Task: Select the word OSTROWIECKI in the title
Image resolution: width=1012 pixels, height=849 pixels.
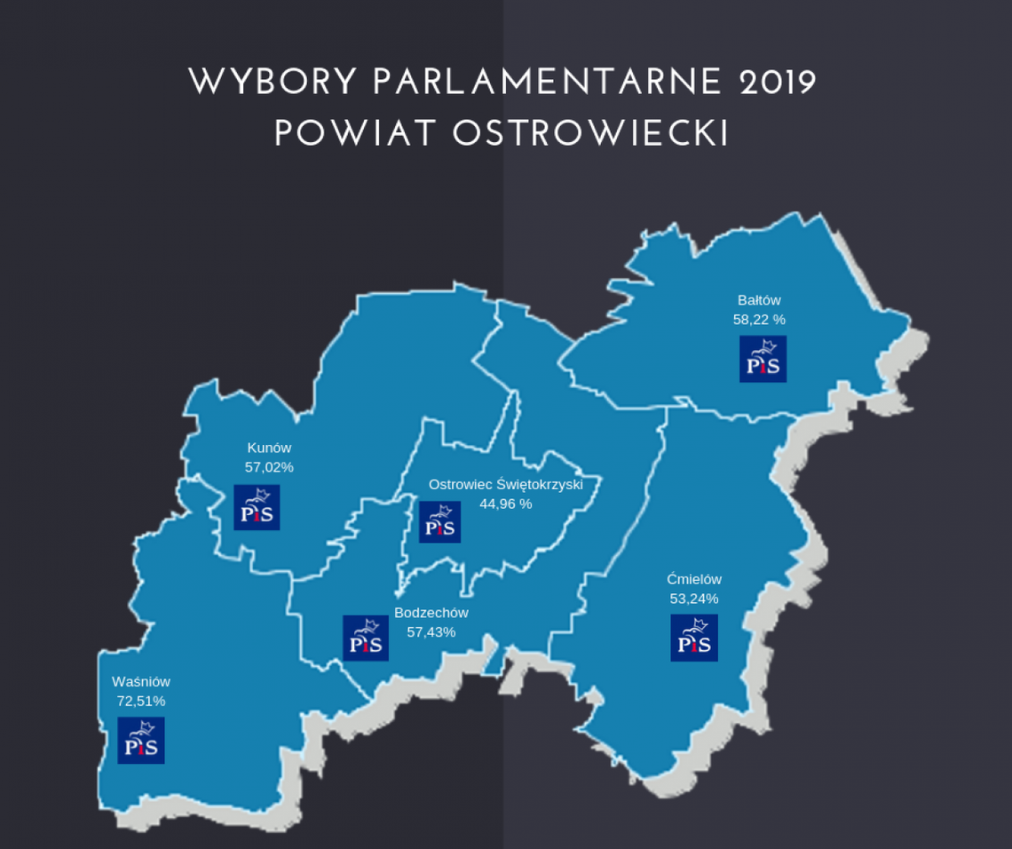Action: pos(590,133)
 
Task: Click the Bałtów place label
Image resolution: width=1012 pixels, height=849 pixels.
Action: pos(759,300)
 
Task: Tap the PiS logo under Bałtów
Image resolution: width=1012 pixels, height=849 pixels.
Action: pos(763,359)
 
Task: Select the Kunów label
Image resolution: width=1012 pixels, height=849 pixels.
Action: pos(269,448)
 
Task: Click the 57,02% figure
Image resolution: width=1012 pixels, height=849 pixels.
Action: pos(269,465)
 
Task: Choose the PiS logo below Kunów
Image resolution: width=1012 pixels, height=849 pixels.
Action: pos(257,507)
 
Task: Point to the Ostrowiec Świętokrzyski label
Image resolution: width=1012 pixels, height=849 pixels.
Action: pos(505,484)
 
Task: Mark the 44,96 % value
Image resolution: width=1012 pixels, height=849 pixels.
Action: pos(505,503)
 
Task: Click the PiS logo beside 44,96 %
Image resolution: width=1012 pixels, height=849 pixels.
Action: pos(439,521)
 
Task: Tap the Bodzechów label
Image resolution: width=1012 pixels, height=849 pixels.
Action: pos(431,613)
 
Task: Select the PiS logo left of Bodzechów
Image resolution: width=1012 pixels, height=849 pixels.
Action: pos(366,638)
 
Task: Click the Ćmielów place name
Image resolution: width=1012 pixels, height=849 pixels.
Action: pos(694,580)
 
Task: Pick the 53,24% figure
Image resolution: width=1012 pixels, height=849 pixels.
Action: pos(694,598)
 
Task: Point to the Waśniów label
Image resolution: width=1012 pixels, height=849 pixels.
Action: pos(141,682)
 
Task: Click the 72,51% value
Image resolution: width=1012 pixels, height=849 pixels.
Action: pos(141,700)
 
